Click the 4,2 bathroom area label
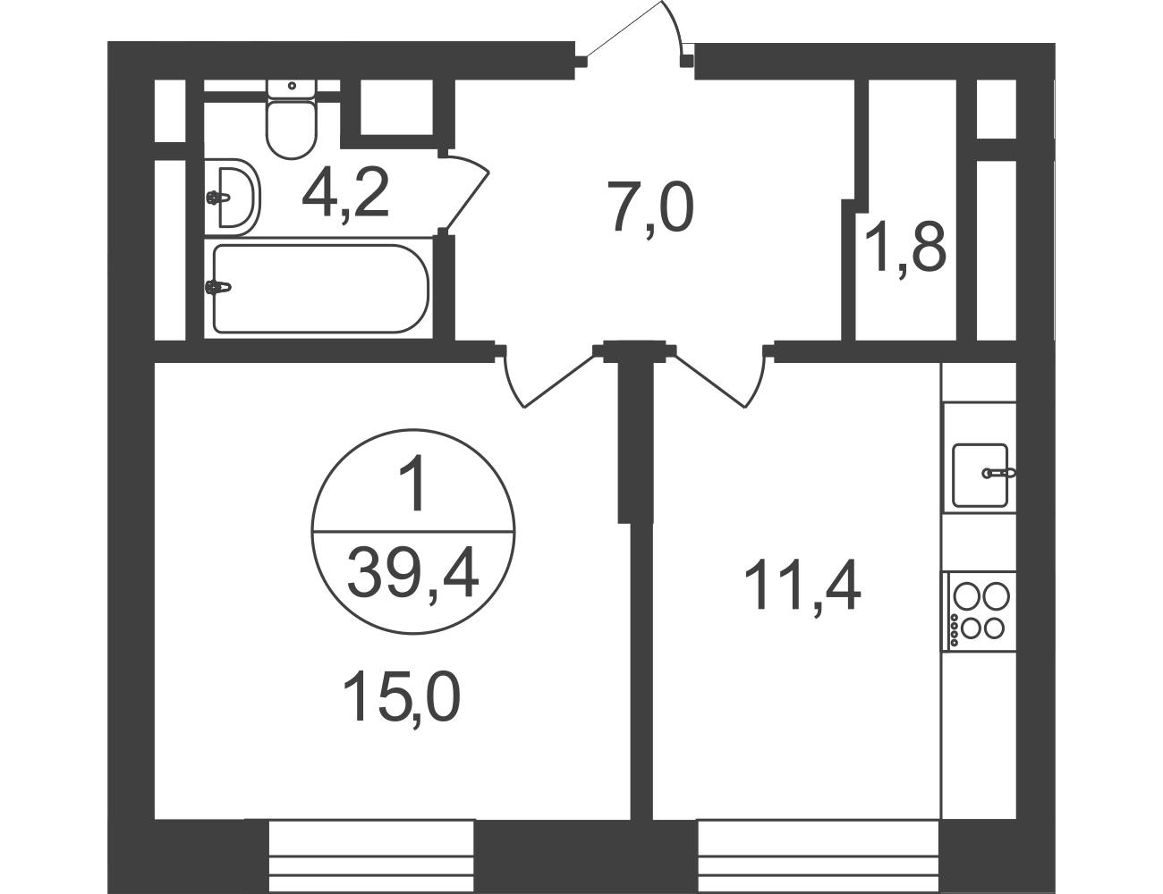(345, 194)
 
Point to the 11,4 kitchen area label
(802, 585)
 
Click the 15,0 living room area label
(401, 697)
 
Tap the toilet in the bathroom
(292, 120)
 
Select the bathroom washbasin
(233, 197)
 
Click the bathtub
(320, 289)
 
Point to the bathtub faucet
(218, 287)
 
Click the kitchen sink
(980, 476)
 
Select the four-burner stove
(980, 611)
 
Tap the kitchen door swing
(720, 380)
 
